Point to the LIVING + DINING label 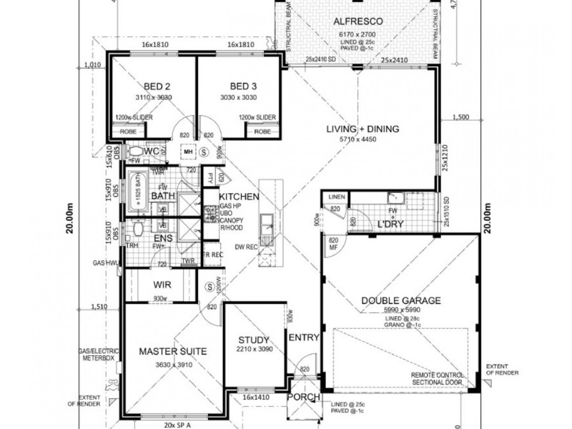point(363,129)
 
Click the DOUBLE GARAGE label point(400,300)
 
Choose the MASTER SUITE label point(172,351)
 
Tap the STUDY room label point(254,340)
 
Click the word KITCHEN point(238,196)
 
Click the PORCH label point(301,398)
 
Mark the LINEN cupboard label point(337,197)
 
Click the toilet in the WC point(134,152)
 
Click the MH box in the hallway point(188,152)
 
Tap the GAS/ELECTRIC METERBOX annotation point(98,355)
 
